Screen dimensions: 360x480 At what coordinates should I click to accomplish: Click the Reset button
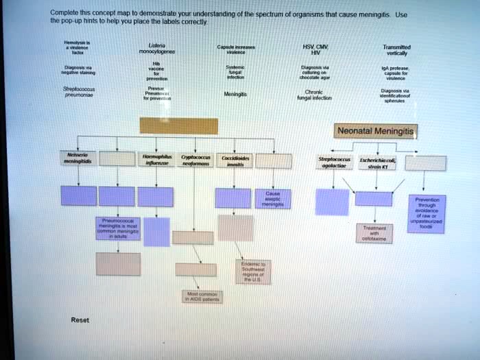[80, 320]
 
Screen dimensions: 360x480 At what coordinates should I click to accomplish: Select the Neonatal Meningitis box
[376, 130]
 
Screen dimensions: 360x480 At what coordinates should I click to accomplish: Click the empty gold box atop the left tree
[179, 126]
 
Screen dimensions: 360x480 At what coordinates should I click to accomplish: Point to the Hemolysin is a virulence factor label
[72, 46]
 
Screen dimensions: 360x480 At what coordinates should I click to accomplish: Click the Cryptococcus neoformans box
[195, 160]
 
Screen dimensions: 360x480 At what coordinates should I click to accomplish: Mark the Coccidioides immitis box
[236, 160]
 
